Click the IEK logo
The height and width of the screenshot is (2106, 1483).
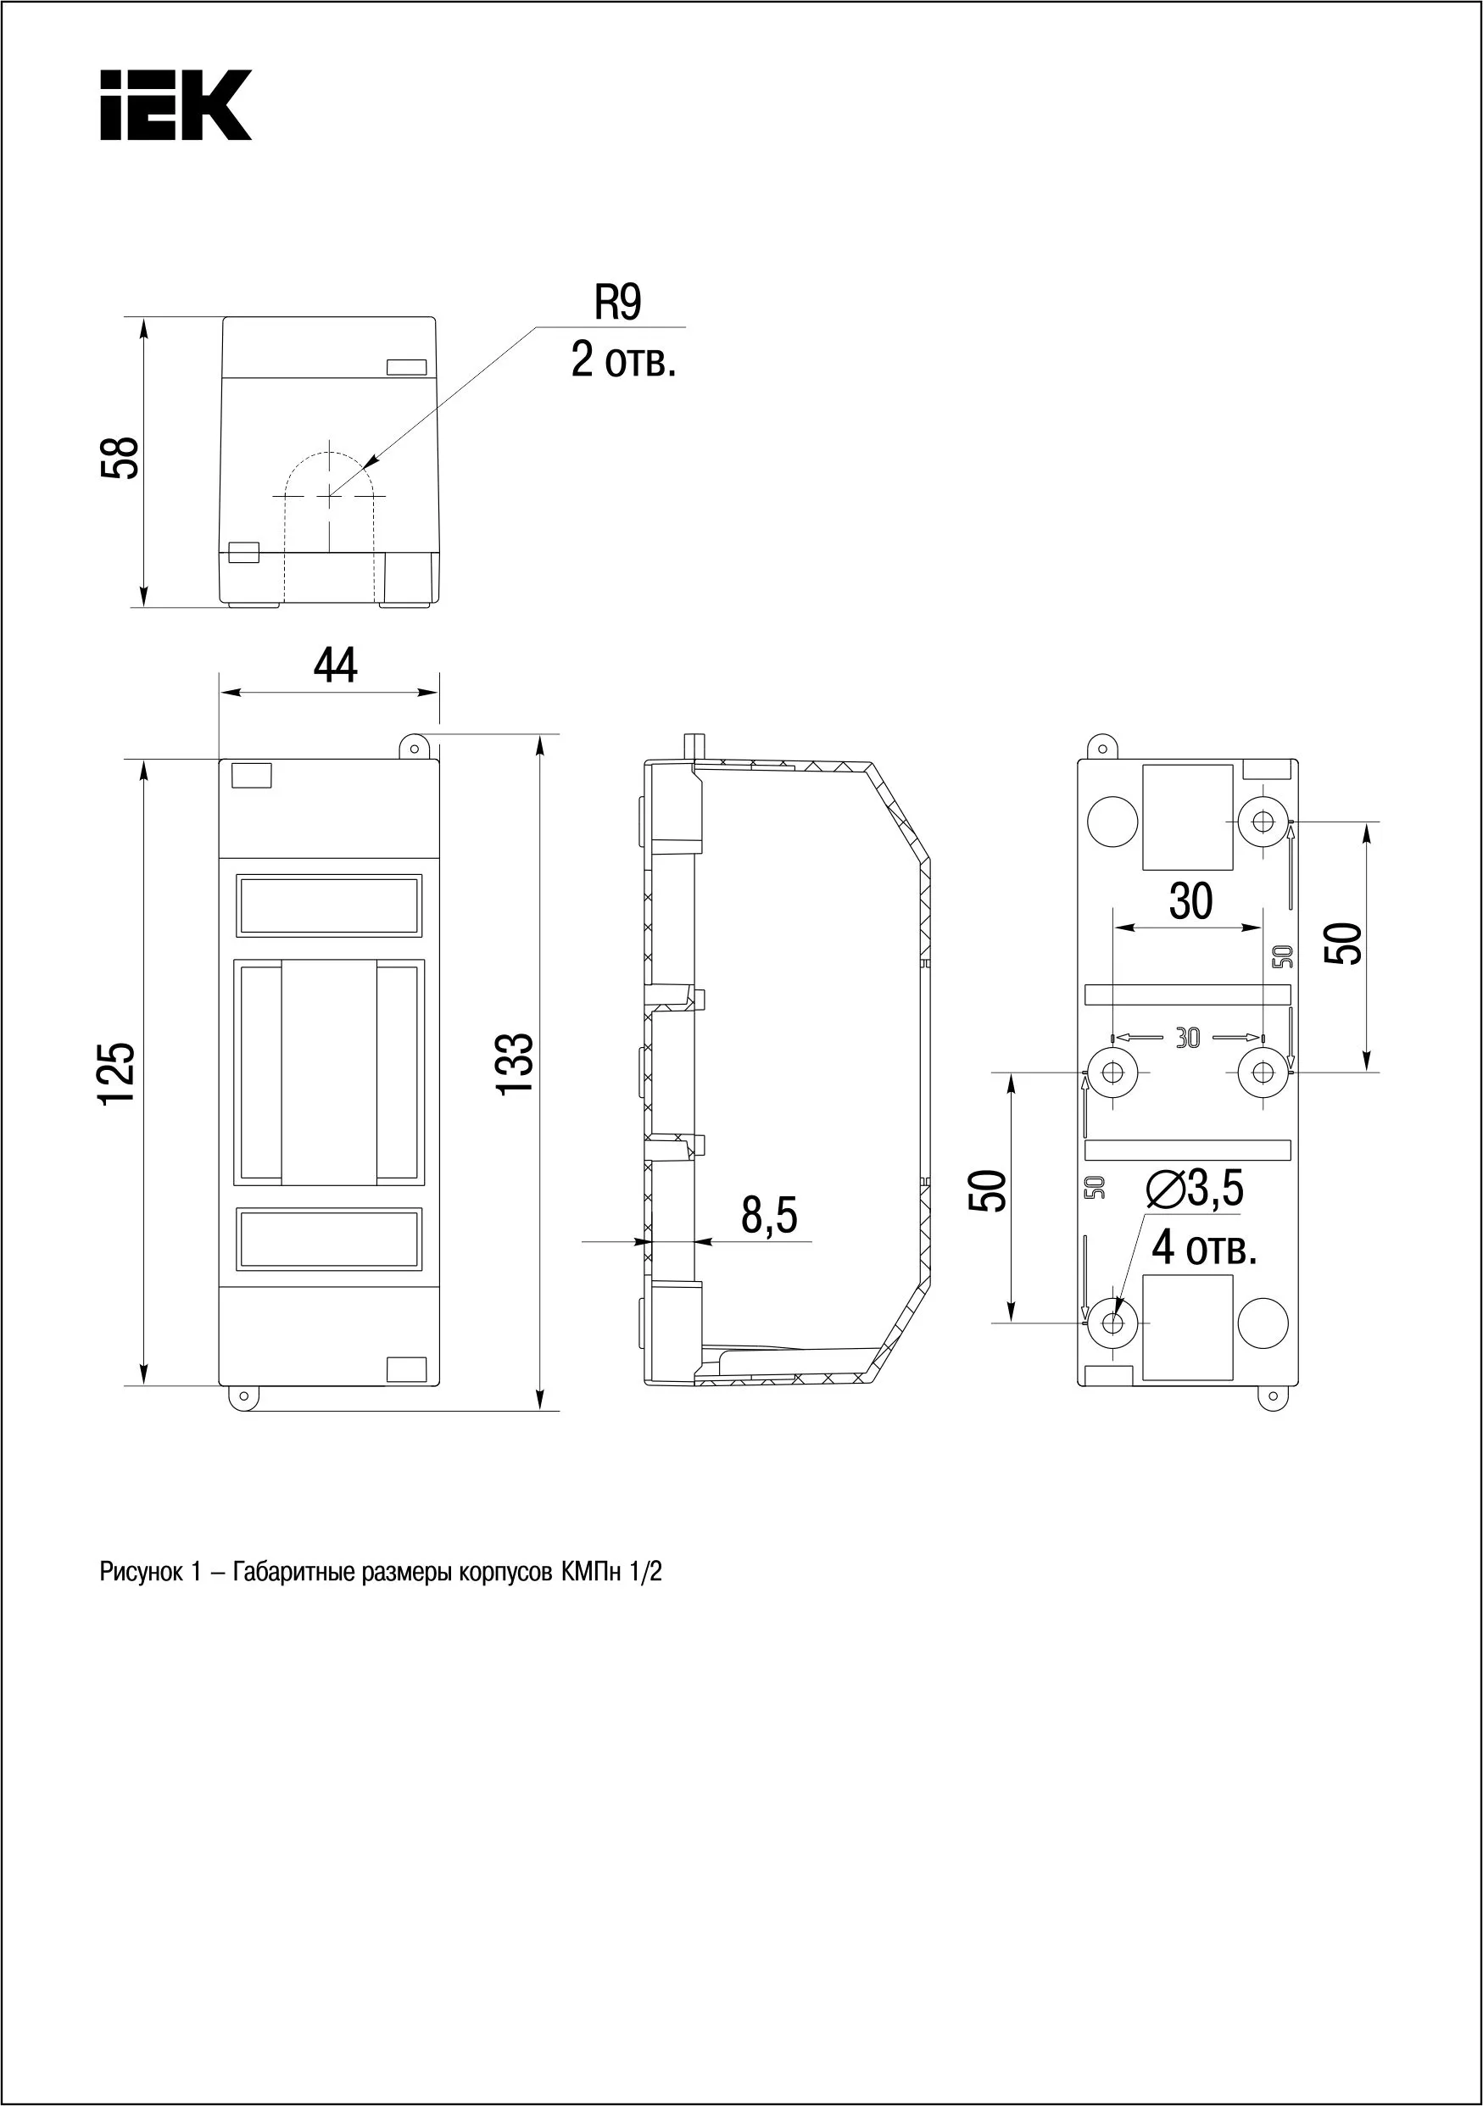[176, 105]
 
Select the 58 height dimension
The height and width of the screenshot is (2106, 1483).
[120, 458]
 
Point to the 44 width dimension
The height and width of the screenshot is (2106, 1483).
[336, 666]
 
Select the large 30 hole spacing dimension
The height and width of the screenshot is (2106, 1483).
[1190, 901]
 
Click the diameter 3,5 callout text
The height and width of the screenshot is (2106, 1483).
[1195, 1189]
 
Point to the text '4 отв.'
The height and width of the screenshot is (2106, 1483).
[1203, 1248]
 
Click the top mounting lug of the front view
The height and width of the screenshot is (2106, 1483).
[415, 748]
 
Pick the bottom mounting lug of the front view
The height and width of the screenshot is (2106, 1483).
[243, 1397]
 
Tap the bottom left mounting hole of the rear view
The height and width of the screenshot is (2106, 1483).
[1112, 1323]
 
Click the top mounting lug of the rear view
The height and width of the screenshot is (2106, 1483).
[1101, 748]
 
